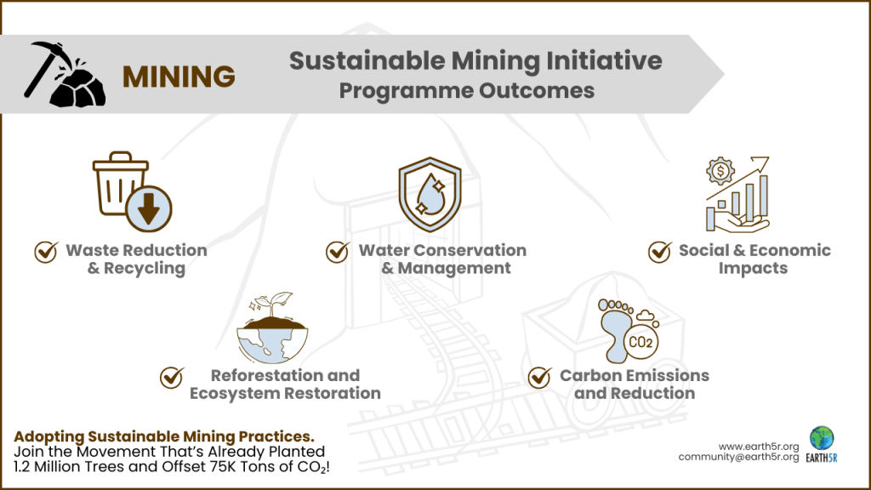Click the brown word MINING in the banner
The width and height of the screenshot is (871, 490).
click(179, 77)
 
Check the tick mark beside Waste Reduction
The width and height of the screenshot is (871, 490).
click(45, 252)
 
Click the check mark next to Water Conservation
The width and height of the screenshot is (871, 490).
click(338, 252)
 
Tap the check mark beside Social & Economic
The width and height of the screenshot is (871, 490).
click(659, 252)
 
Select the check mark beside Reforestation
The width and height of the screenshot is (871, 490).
click(173, 377)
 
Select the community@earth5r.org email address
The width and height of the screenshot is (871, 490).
click(738, 457)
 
